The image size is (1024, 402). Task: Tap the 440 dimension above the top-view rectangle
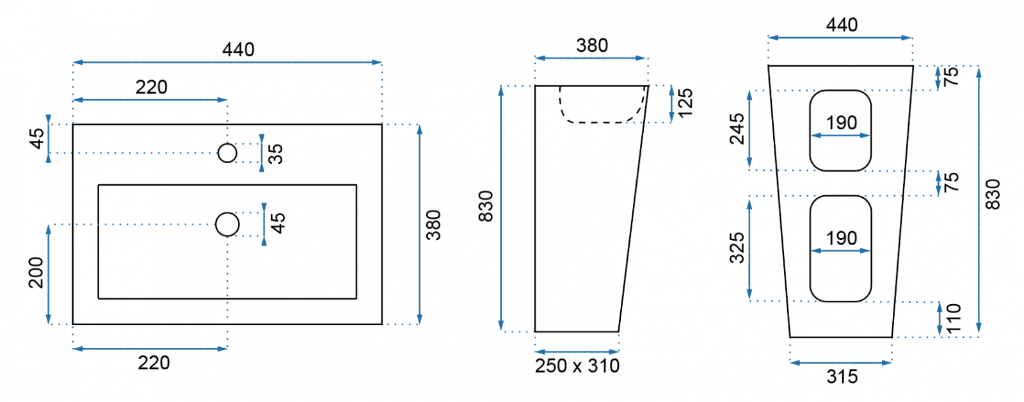[x=238, y=49]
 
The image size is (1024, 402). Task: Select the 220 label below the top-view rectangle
[x=154, y=363]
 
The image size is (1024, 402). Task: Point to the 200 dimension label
[x=36, y=273]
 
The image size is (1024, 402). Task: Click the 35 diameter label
[x=276, y=154]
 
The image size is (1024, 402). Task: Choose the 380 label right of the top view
[x=433, y=225]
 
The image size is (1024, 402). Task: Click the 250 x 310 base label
[x=577, y=366]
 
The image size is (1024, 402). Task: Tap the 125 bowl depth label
[x=685, y=103]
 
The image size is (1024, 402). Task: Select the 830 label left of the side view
[x=486, y=206]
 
